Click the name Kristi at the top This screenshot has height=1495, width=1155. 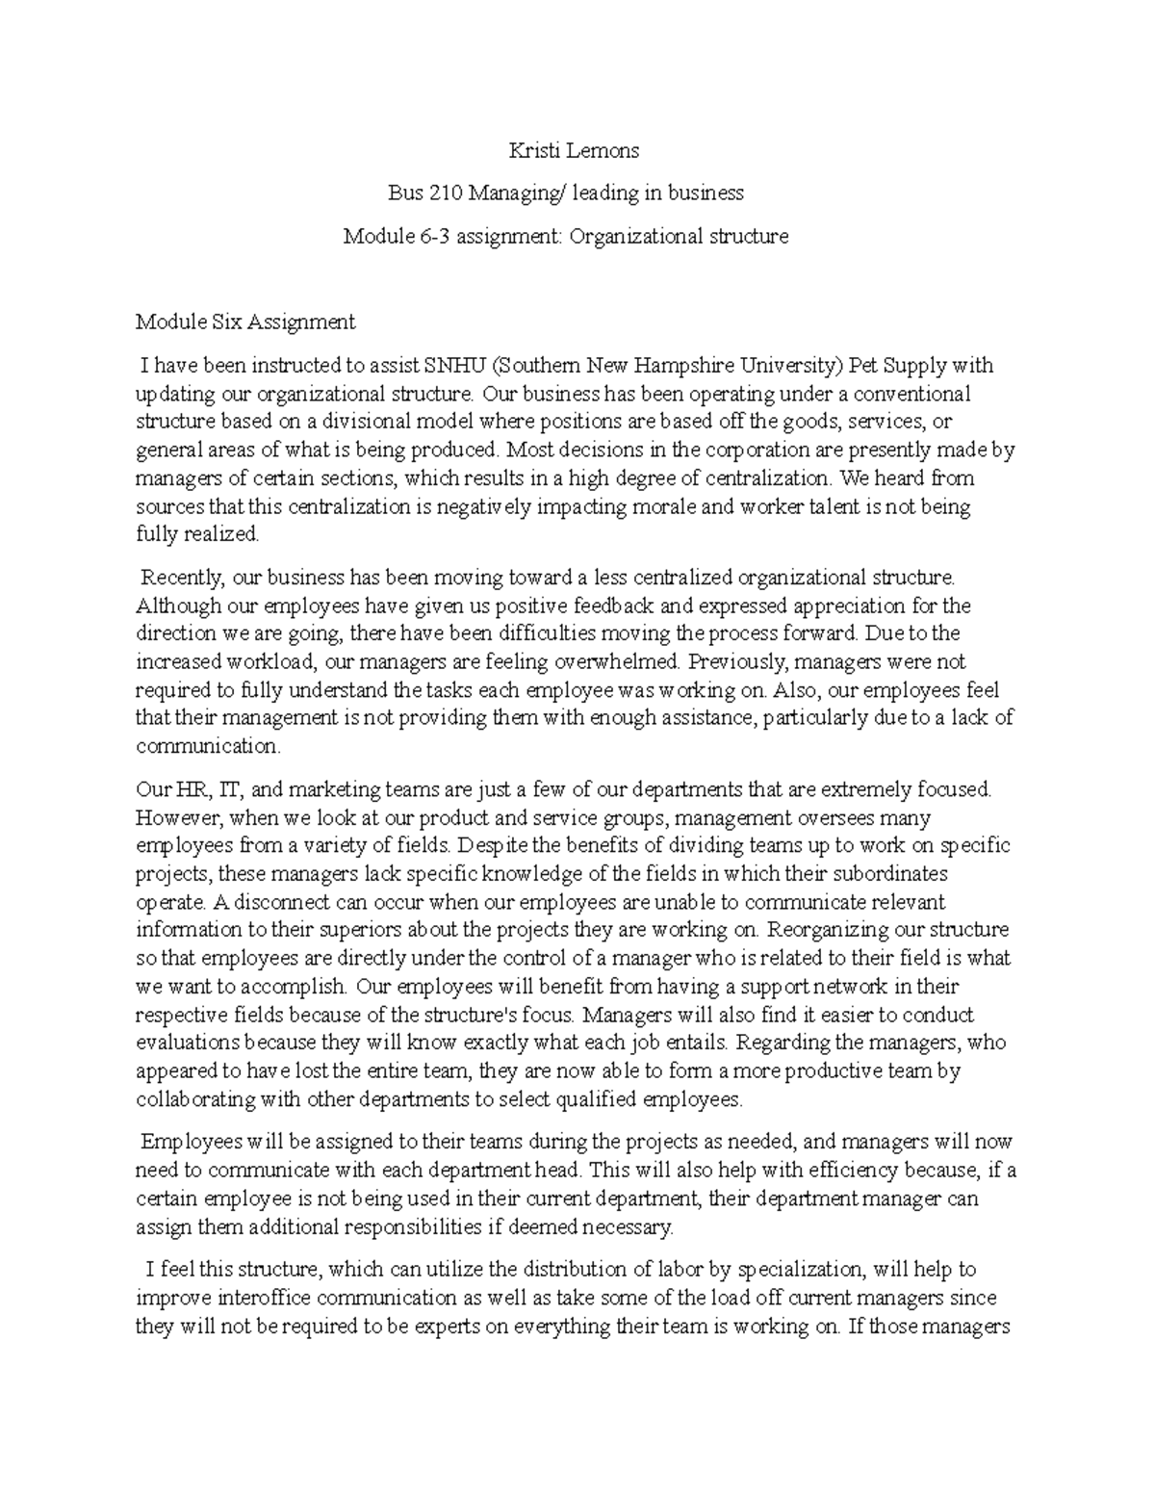point(533,150)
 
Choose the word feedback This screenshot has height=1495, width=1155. point(614,606)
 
